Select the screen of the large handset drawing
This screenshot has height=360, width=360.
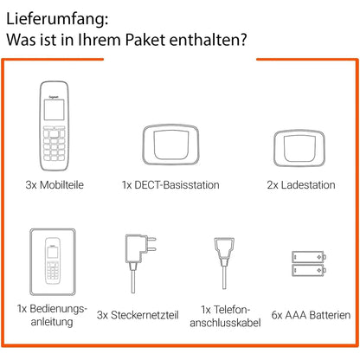(54, 108)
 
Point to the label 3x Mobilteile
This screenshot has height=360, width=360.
(55, 183)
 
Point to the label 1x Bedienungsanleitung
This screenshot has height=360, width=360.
(52, 316)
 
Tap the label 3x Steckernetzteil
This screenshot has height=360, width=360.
(142, 314)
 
